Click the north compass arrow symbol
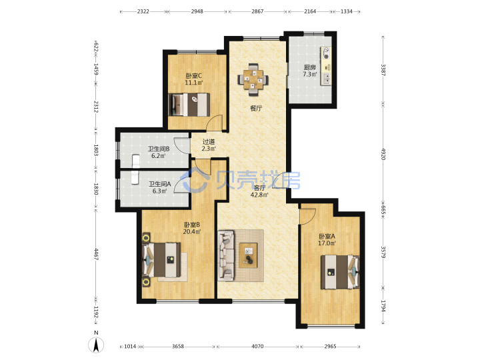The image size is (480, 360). pyautogui.click(x=96, y=345)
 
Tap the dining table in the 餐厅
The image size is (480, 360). pyautogui.click(x=253, y=79)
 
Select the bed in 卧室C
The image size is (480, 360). pyautogui.click(x=189, y=105)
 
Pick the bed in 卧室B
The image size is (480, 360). pyautogui.click(x=161, y=259)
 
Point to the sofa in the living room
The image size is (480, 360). pyautogui.click(x=226, y=255)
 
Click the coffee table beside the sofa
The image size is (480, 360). pyautogui.click(x=248, y=255)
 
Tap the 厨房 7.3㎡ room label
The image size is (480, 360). pyautogui.click(x=309, y=71)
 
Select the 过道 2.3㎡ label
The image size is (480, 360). pyautogui.click(x=209, y=145)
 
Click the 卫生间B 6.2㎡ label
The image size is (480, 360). pyautogui.click(x=159, y=153)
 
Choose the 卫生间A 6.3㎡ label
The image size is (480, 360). pyautogui.click(x=160, y=187)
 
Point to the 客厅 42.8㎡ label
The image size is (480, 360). pyautogui.click(x=259, y=191)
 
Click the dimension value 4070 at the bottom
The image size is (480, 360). pyautogui.click(x=257, y=347)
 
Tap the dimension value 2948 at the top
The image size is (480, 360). pyautogui.click(x=197, y=11)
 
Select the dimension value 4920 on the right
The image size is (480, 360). pyautogui.click(x=383, y=154)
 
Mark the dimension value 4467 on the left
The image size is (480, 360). pyautogui.click(x=95, y=255)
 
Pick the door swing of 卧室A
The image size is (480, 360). pyautogui.click(x=307, y=217)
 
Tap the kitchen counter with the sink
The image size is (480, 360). pyautogui.click(x=326, y=66)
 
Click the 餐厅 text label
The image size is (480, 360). pyautogui.click(x=256, y=109)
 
